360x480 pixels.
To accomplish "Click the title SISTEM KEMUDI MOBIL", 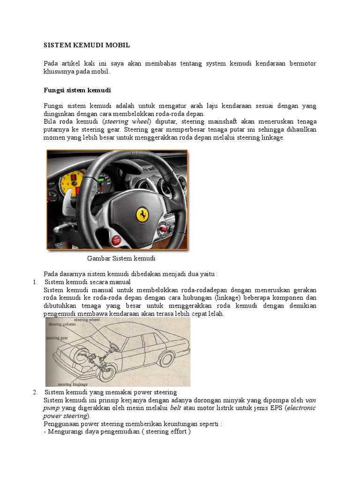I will pos(87,45).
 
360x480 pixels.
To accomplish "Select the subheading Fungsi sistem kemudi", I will pos(77,90).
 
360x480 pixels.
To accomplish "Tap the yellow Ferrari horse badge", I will pos(142,214).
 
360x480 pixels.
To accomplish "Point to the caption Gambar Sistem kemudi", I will pos(121,258).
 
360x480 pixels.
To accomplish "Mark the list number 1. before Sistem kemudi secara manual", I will pos(35,282).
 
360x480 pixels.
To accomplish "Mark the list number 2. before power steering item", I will pos(35,392).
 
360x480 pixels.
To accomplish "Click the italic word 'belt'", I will pos(175,408).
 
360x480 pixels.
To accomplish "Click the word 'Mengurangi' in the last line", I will pos(66,432).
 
